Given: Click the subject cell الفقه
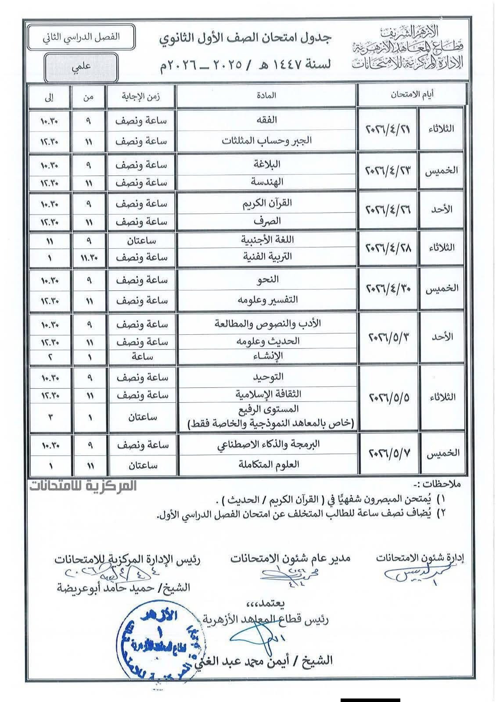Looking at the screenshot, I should [266, 120].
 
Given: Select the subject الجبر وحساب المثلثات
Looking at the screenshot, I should [266, 141].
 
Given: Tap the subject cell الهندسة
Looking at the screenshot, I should [266, 181].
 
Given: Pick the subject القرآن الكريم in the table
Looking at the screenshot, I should [266, 203].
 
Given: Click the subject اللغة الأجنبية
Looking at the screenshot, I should [266, 240].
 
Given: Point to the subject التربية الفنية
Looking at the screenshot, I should [266, 257].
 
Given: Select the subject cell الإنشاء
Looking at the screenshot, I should [266, 356].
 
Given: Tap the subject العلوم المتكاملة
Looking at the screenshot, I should [266, 464].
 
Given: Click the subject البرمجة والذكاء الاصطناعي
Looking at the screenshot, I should [266, 444].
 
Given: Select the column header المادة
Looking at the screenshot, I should [266, 95].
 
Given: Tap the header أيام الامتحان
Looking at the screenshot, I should [412, 94].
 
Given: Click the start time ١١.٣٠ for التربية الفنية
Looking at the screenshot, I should [88, 258].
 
